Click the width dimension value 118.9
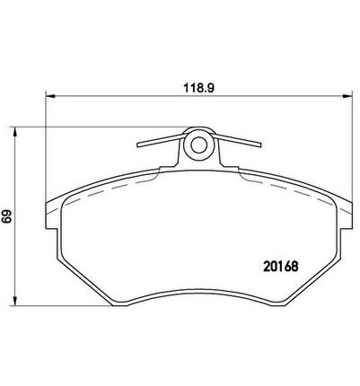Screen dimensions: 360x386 [x=198, y=88]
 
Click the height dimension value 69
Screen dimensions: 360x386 [x=6, y=216]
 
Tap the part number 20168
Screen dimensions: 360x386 [x=281, y=267]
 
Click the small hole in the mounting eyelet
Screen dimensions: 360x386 [x=199, y=145]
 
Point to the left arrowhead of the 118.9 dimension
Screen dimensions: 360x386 [x=50, y=96]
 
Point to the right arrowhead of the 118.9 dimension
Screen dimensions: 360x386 [x=347, y=96]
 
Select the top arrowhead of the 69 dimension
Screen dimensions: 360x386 [x=14, y=132]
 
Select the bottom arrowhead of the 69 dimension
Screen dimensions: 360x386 [x=14, y=301]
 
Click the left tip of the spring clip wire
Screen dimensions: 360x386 [x=137, y=145]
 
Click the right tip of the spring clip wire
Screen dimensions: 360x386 [x=260, y=145]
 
